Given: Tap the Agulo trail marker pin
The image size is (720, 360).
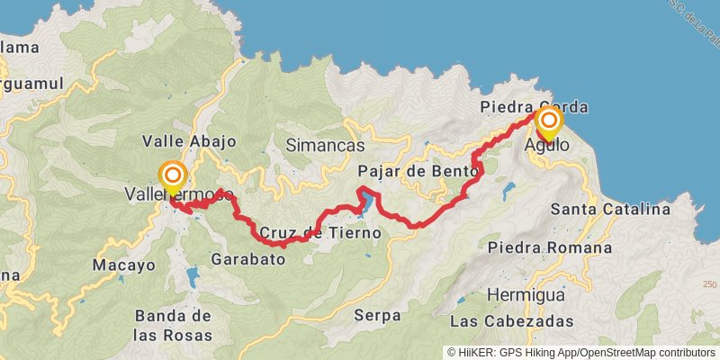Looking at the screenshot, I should point(548,121).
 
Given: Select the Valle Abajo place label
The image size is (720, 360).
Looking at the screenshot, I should point(189,141).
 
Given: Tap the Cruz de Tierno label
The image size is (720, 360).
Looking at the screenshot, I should point(320,233).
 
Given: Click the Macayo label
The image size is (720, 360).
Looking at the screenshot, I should point(124,265).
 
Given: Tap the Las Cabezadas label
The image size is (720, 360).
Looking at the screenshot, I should point(511,321).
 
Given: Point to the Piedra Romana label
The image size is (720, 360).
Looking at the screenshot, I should point(548,247).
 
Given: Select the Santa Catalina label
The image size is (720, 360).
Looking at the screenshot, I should point(611,210).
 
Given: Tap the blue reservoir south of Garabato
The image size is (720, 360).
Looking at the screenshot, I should point(192,274).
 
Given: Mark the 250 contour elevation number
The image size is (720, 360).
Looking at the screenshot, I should point(709,285).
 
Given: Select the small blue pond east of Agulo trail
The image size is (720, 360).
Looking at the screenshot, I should point(509,190).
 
